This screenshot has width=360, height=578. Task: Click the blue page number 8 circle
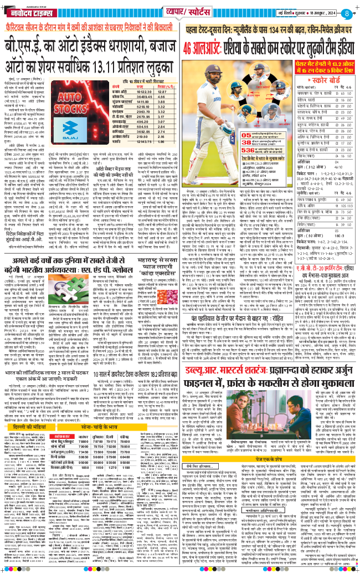(x=346, y=13)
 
